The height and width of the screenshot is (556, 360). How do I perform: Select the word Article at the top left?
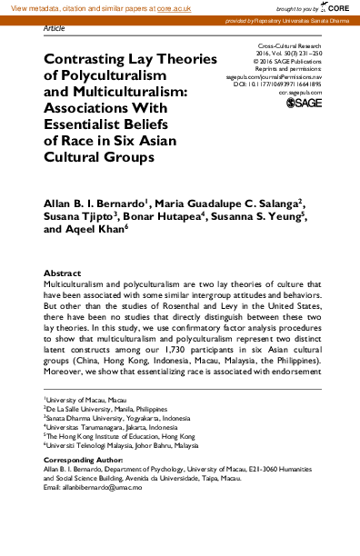pyautogui.click(x=55, y=28)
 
